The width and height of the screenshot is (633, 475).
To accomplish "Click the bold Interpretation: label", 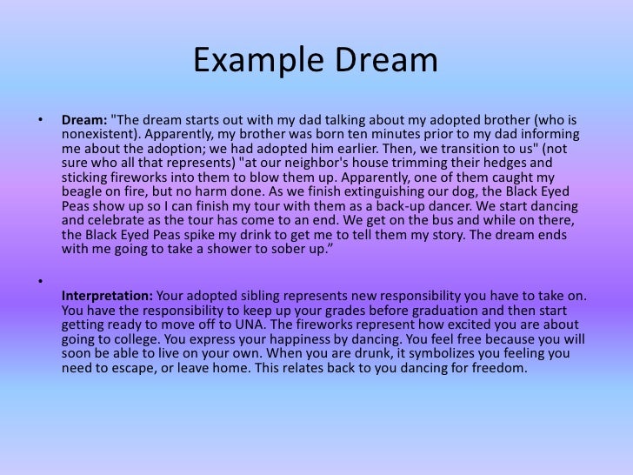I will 106,296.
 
